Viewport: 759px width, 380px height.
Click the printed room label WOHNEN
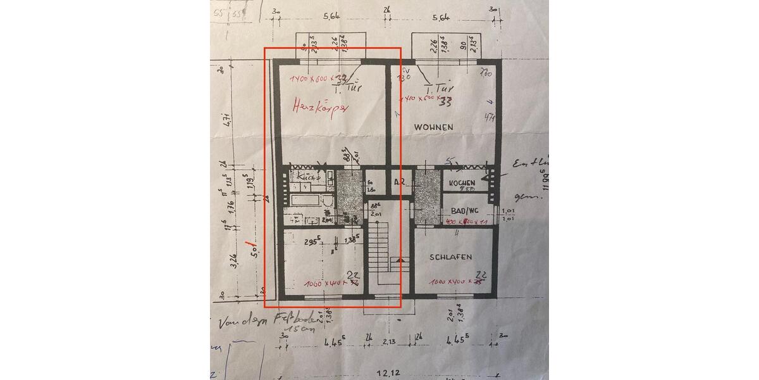tap(433, 127)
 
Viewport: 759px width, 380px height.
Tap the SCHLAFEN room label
tap(451, 257)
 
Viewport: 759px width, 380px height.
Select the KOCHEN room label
tap(462, 182)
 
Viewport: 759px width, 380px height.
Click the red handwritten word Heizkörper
tap(320, 106)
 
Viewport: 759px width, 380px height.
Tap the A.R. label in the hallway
tap(400, 182)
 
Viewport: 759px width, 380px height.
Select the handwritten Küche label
tap(307, 177)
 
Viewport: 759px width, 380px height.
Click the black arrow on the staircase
tap(398, 258)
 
